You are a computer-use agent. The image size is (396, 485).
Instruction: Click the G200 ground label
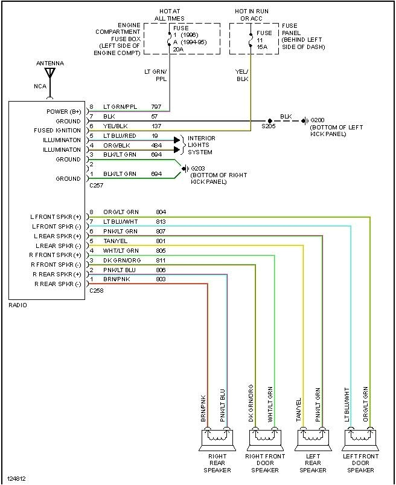coord(318,120)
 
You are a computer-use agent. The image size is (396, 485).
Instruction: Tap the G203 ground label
coord(198,168)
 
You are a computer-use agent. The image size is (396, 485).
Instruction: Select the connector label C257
coord(97,186)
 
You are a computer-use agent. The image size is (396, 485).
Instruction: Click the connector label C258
coord(97,291)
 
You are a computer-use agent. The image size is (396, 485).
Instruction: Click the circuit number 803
coord(160,280)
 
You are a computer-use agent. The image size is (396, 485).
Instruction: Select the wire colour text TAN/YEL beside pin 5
coord(115,241)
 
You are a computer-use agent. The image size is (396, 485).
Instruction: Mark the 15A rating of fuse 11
coord(262,47)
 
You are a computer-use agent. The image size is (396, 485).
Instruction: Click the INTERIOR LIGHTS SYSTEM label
coord(201,145)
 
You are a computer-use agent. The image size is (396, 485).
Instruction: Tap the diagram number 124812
coord(17,479)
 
